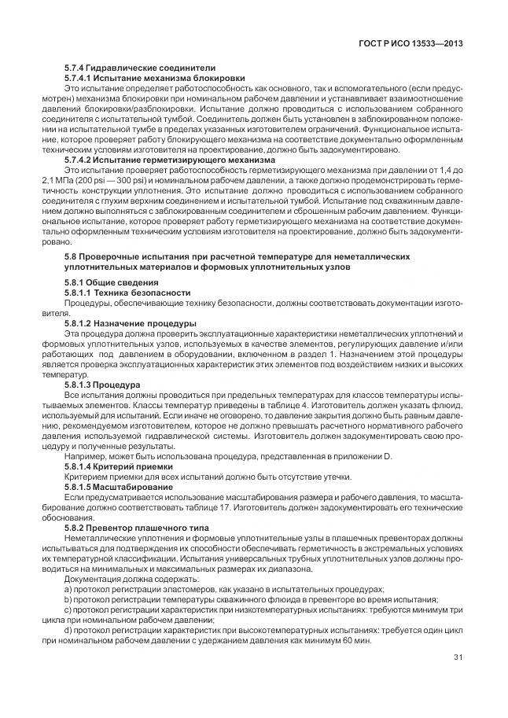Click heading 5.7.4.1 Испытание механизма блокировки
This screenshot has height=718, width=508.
point(154,78)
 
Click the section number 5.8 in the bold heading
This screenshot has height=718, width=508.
point(72,257)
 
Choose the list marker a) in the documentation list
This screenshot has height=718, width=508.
point(68,588)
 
